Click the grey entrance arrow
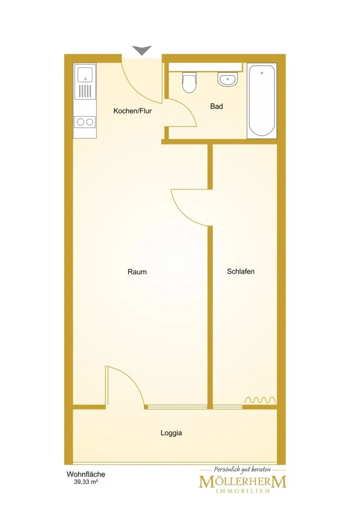[142, 50]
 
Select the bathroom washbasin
[228, 79]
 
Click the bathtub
[262, 101]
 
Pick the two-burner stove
[85, 122]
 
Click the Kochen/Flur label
[133, 111]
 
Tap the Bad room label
[217, 107]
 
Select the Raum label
[137, 272]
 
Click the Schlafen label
[241, 271]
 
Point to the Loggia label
[171, 433]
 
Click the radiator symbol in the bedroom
[260, 400]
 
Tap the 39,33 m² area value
[86, 482]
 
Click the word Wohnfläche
[86, 474]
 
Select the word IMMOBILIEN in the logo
[243, 491]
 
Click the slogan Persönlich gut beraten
[242, 469]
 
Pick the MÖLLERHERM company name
[243, 482]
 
